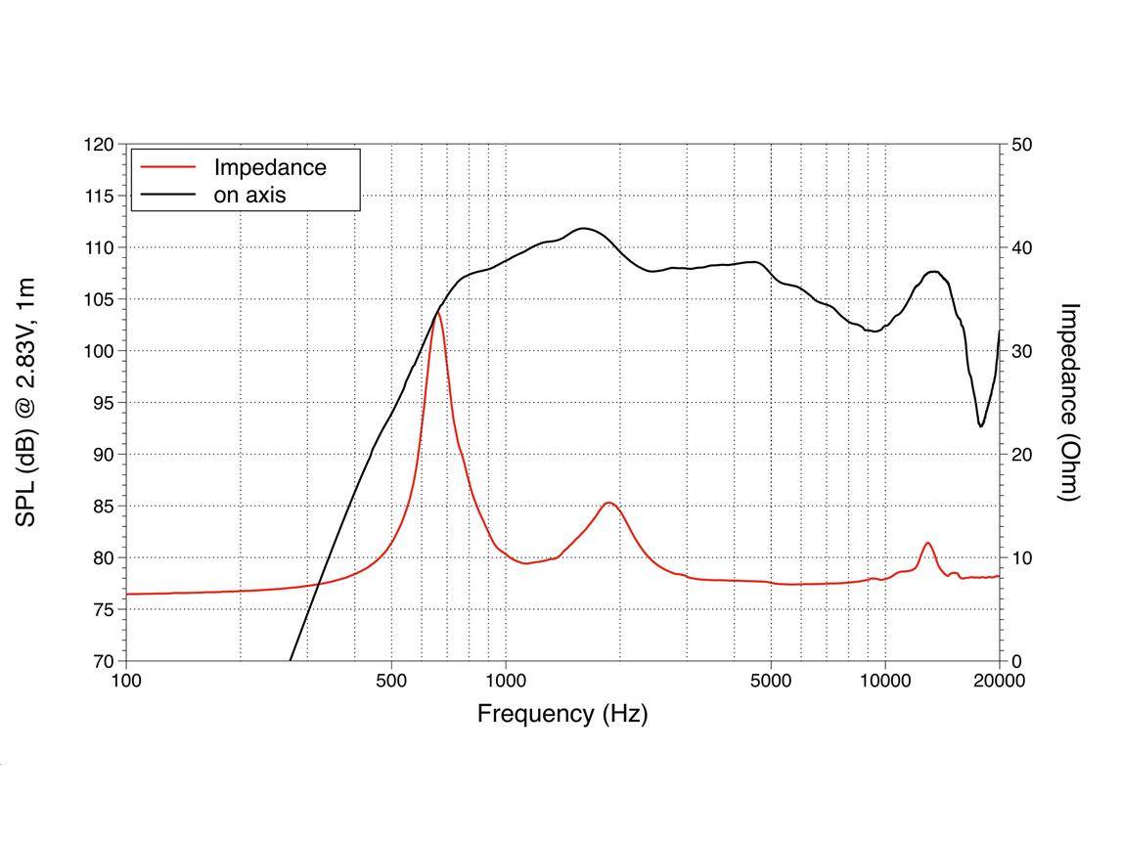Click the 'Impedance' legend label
point(270,167)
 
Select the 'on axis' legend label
point(249,195)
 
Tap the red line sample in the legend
point(168,167)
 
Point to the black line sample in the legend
point(168,195)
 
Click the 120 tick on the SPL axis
point(98,145)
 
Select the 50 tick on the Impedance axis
point(1022,145)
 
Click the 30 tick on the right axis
point(1022,351)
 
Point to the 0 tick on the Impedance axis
point(1017,661)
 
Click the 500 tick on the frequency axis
point(391,681)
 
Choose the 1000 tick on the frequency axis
point(506,681)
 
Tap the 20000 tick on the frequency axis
point(999,681)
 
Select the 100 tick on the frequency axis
point(126,681)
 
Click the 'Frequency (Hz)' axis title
point(562,714)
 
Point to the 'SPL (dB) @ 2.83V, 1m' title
point(26,402)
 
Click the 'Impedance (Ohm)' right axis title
point(1070,402)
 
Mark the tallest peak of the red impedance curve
point(437,313)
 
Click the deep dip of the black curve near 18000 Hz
point(981,425)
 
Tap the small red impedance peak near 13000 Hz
point(927,543)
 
